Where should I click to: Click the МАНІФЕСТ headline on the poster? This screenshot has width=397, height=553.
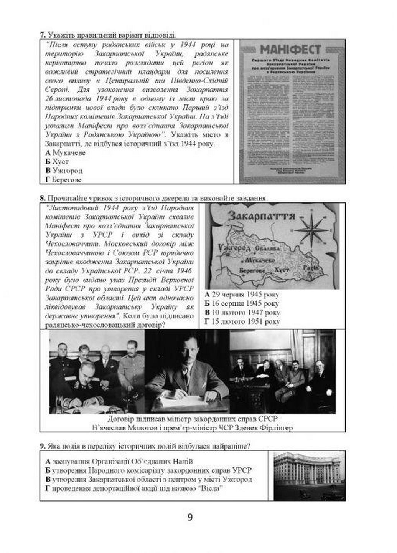[x=290, y=50]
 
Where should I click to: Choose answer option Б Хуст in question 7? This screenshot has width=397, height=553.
[x=57, y=162]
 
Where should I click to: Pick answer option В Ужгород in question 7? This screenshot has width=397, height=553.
[x=64, y=171]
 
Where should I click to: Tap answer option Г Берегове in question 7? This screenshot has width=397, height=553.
[x=64, y=179]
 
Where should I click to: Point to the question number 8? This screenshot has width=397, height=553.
[x=43, y=198]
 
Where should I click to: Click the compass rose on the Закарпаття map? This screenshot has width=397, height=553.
[x=311, y=229]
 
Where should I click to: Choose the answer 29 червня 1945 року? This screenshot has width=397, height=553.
[x=242, y=295]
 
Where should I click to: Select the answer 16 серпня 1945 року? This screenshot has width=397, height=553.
[x=242, y=304]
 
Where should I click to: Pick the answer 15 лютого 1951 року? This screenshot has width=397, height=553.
[x=242, y=322]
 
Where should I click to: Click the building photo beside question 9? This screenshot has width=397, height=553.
[x=309, y=475]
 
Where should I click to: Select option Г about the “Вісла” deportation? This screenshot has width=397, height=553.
[x=135, y=488]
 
